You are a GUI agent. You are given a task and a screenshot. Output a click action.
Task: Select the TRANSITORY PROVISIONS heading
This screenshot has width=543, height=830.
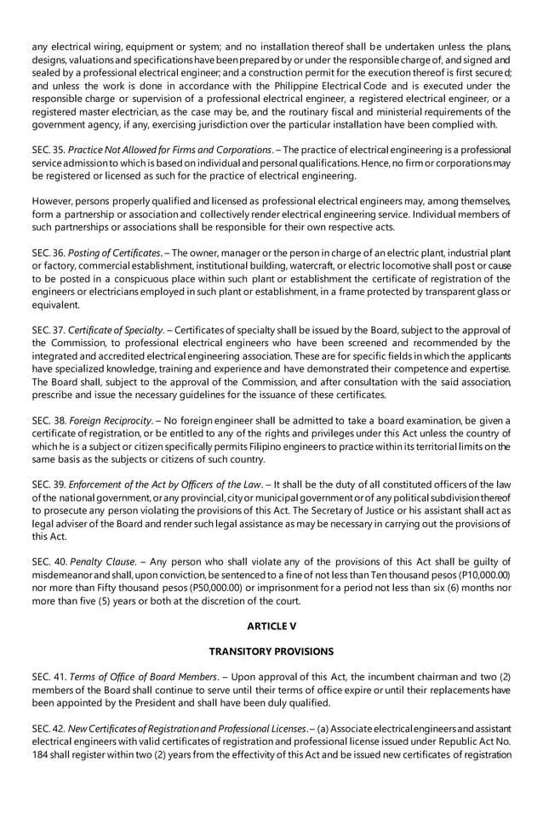click(271, 651)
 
